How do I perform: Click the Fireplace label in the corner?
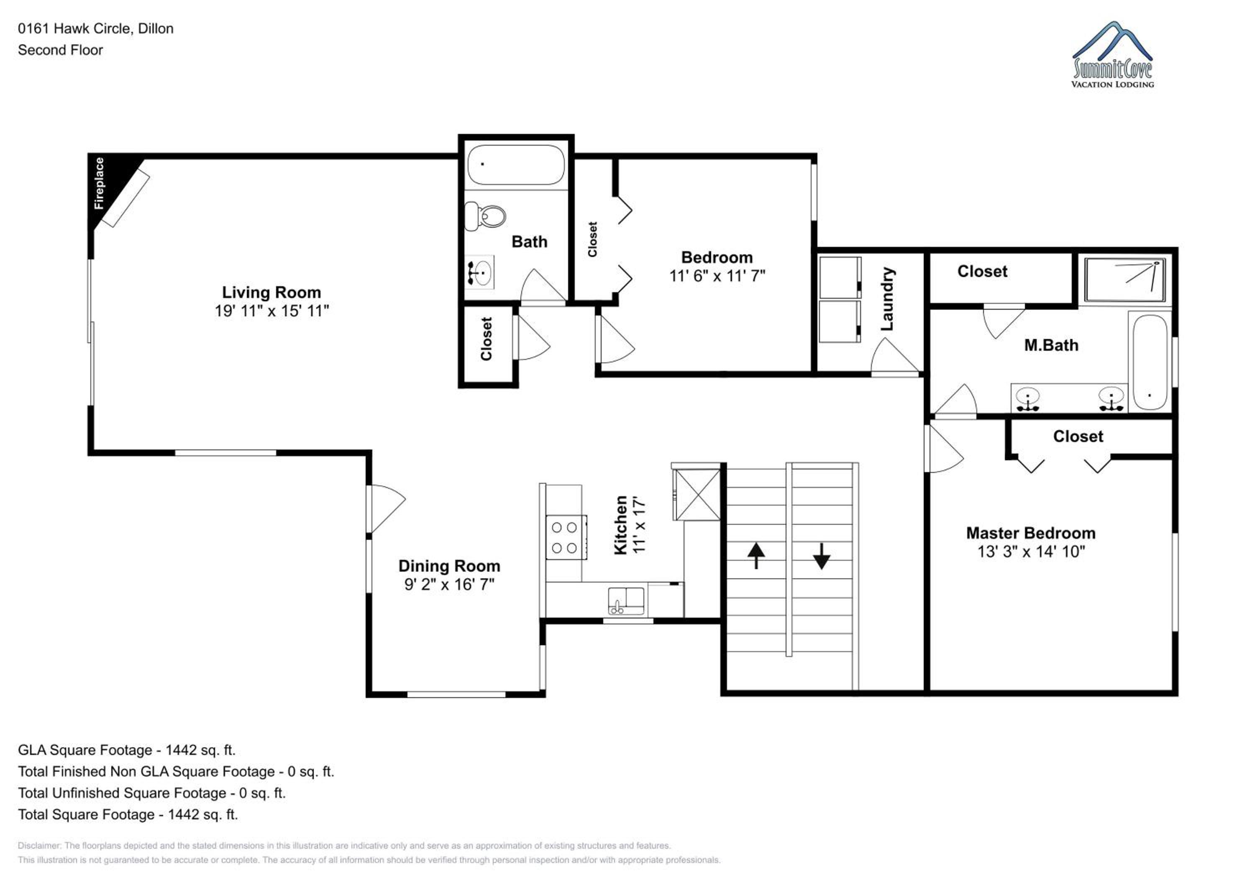click(99, 183)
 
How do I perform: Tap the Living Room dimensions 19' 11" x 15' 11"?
click(271, 311)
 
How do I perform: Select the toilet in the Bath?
click(485, 216)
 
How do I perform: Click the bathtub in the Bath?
click(516, 164)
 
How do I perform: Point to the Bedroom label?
click(717, 257)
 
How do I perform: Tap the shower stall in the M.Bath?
click(1125, 280)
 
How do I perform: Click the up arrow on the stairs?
click(756, 556)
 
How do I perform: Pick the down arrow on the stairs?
click(822, 556)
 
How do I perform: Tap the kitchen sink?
click(626, 601)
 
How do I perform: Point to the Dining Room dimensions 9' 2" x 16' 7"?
click(449, 585)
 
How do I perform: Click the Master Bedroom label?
click(1031, 533)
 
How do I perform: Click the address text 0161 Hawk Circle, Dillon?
click(96, 28)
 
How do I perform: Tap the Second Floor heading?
click(60, 50)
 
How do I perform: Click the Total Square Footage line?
click(128, 814)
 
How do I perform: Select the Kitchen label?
click(621, 525)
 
